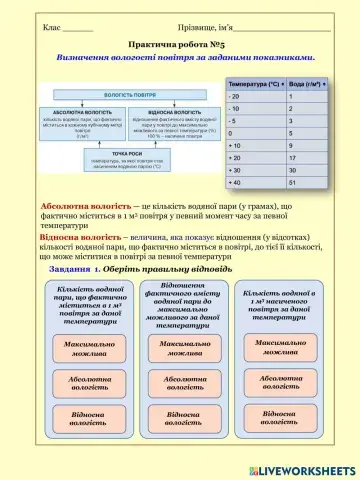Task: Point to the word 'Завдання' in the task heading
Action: click(x=72, y=271)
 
